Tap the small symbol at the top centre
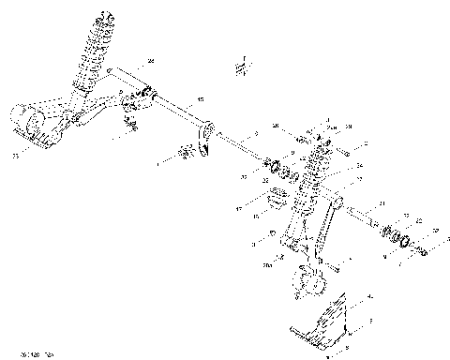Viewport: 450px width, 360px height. (240, 69)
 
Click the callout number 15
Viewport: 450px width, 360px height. (200, 98)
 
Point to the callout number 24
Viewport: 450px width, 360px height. (150, 61)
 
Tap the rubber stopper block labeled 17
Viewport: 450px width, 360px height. (278, 200)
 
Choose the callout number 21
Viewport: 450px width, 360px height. (382, 203)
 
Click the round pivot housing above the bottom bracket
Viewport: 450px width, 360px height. (305, 279)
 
